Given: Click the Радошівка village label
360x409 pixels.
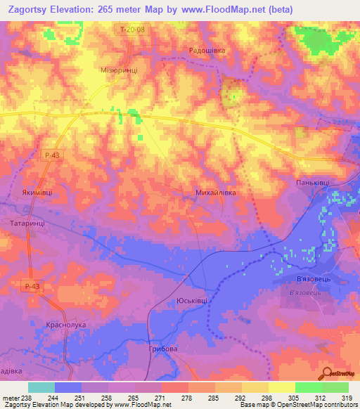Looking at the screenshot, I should (207, 51).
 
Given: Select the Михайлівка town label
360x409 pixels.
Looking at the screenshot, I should (214, 191).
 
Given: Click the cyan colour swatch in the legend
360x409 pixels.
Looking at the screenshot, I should (41, 387).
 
